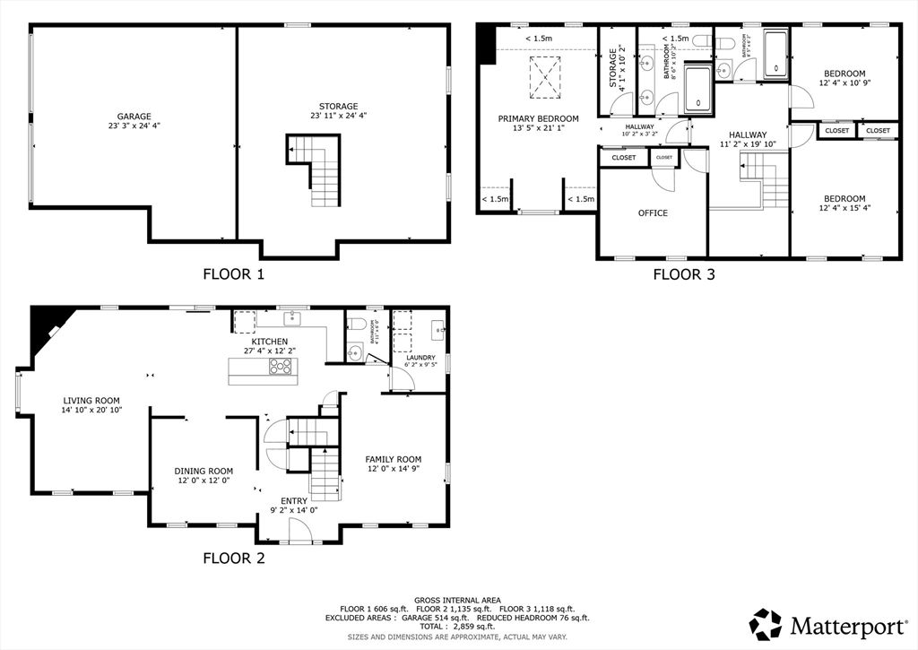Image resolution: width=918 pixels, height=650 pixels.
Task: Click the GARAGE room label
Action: click(134, 116)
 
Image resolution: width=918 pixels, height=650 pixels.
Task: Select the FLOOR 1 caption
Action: click(233, 274)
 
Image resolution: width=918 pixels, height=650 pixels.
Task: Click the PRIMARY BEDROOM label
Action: click(538, 118)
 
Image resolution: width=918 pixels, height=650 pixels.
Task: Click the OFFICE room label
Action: click(653, 213)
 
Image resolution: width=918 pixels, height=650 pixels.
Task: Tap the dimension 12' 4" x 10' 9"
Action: click(844, 83)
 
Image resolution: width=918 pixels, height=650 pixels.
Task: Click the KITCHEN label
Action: click(269, 342)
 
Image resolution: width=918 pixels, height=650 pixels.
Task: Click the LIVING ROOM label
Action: click(91, 401)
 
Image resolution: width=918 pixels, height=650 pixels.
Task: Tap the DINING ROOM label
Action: click(204, 471)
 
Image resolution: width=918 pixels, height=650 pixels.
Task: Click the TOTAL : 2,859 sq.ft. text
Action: click(457, 627)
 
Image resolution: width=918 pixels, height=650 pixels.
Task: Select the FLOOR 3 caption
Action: click(683, 275)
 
